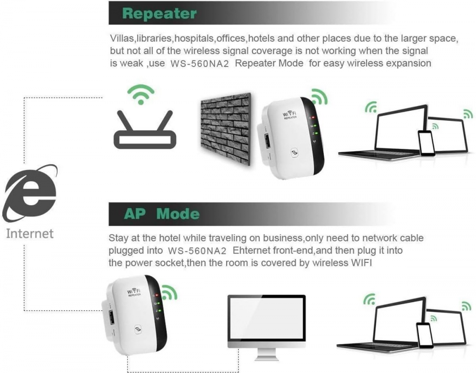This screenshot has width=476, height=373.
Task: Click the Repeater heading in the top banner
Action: pyautogui.click(x=159, y=13)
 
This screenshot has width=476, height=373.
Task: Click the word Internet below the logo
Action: pyautogui.click(x=30, y=233)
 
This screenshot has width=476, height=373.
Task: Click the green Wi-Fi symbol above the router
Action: pyautogui.click(x=141, y=95)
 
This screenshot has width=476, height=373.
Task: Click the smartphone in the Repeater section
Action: pyautogui.click(x=426, y=143)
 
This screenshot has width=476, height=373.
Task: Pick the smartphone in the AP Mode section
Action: pyautogui.click(x=424, y=335)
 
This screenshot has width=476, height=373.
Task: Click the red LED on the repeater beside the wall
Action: pyautogui.click(x=312, y=117)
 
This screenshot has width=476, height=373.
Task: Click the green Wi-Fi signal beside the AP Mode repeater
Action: pyautogui.click(x=169, y=292)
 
